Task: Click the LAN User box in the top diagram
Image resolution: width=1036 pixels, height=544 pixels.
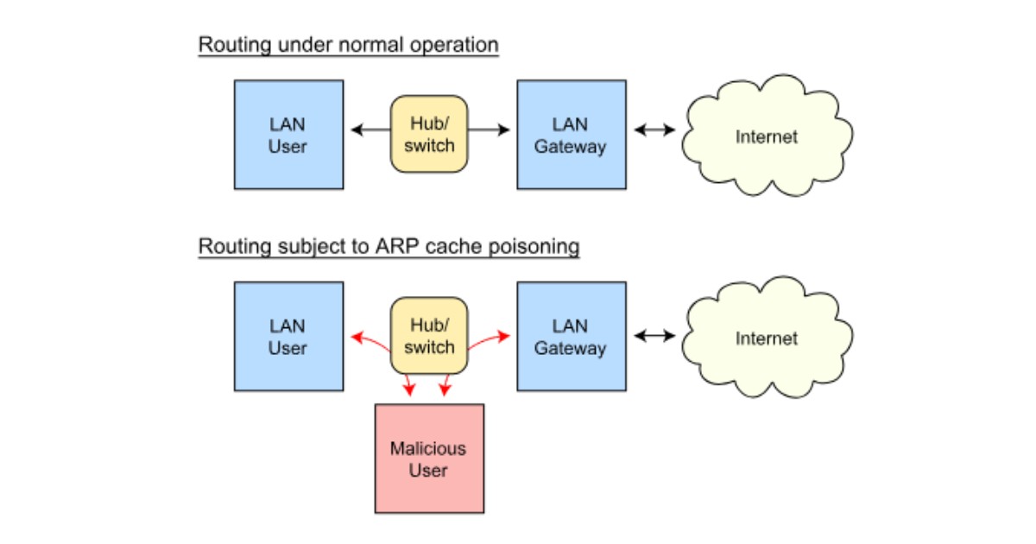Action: coord(288,135)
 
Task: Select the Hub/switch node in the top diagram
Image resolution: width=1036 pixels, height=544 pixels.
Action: coord(429,134)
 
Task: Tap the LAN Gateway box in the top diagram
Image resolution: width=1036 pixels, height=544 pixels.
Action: coord(571,135)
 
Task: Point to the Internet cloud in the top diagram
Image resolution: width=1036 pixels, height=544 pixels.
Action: coord(767,136)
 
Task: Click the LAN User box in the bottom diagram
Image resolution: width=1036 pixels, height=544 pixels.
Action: coord(288,337)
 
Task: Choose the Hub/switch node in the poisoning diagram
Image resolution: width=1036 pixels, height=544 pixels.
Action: coord(429,336)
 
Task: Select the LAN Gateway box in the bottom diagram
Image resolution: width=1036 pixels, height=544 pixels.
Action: coord(571,337)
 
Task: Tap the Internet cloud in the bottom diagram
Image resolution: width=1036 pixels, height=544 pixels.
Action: coord(767,338)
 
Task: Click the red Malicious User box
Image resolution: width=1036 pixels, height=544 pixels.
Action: coord(429,459)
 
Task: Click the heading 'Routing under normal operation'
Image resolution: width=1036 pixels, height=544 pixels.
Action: coord(348,45)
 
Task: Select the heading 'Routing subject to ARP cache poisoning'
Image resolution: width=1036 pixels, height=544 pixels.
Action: coord(388,247)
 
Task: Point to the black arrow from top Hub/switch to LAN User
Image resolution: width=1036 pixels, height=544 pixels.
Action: coord(371,130)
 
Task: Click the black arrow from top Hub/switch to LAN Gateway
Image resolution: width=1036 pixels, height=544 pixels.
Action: coord(489,130)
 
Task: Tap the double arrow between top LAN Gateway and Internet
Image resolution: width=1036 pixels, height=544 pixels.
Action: coord(654,130)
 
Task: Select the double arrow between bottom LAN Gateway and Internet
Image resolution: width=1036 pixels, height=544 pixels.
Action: coord(654,335)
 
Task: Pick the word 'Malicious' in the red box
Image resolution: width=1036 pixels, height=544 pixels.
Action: coord(427,448)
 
